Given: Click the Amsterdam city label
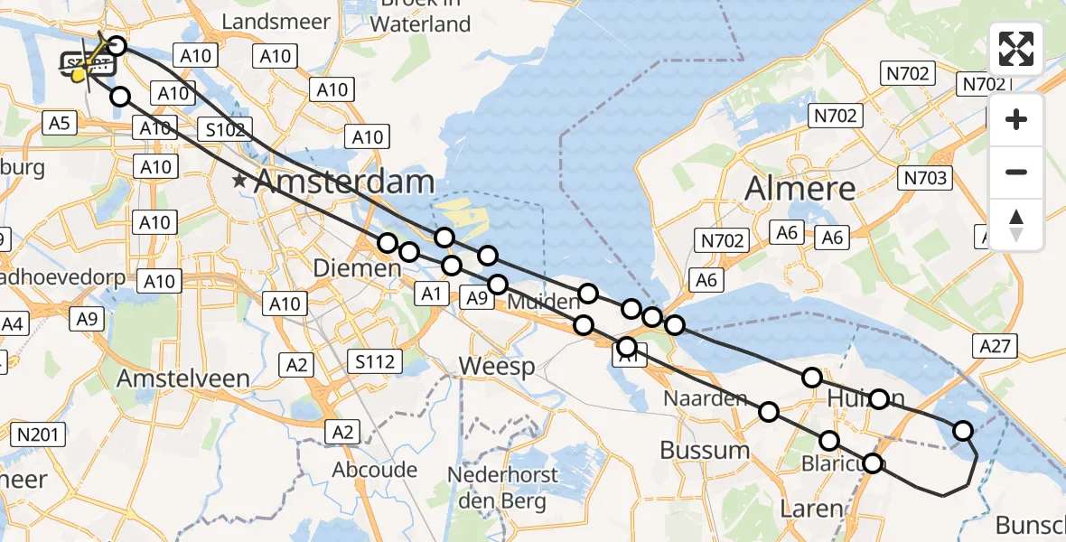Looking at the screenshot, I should [345, 182].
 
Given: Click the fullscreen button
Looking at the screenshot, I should [1016, 49].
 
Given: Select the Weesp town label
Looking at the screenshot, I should [496, 366].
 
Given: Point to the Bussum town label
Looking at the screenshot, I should [705, 450].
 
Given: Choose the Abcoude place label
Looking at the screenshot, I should [375, 470].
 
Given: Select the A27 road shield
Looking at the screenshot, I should [997, 345].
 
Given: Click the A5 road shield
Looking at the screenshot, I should [60, 123].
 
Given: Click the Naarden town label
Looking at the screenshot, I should [706, 398].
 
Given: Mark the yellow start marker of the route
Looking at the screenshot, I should [79, 74].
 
